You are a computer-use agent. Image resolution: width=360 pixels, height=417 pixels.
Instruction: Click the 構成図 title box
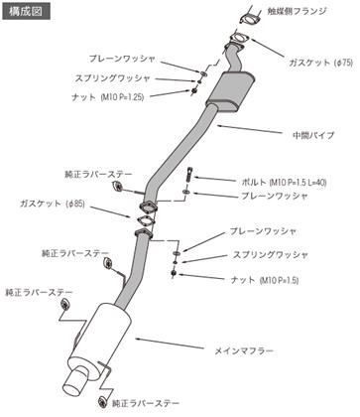click(x=27, y=11)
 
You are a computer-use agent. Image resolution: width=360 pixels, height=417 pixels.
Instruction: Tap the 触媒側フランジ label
click(x=297, y=11)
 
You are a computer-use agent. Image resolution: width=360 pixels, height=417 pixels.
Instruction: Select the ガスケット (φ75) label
click(x=321, y=63)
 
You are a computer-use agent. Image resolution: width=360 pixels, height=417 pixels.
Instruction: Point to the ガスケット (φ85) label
click(x=53, y=204)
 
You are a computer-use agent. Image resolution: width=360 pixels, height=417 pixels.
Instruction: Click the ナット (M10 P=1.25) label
click(x=108, y=97)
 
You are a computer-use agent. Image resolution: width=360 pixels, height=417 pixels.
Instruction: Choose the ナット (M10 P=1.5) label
click(x=265, y=280)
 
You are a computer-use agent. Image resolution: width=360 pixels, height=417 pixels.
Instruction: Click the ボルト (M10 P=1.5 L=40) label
click(x=284, y=182)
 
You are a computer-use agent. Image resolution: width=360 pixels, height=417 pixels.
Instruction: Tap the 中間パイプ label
click(x=313, y=135)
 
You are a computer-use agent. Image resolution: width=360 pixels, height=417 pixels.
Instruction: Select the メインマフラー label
click(x=244, y=350)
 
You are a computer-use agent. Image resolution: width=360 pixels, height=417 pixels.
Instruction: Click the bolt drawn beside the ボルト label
click(x=189, y=175)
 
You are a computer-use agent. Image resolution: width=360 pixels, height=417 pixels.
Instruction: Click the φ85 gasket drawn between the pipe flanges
click(x=145, y=220)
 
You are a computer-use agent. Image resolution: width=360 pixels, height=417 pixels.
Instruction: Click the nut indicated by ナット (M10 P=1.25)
click(x=194, y=90)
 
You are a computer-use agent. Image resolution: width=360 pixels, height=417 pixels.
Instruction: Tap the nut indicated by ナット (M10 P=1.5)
click(x=174, y=273)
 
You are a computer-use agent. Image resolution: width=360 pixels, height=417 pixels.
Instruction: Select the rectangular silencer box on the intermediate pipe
click(x=230, y=91)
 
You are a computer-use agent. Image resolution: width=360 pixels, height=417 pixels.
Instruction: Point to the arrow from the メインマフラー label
click(x=170, y=344)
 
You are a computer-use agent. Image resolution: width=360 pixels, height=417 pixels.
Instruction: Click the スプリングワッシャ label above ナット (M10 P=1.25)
click(x=113, y=78)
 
